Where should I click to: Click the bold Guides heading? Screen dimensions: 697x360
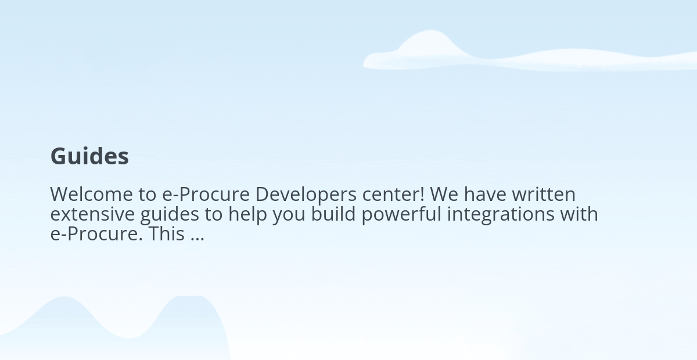pyautogui.click(x=89, y=156)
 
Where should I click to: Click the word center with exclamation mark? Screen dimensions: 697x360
pyautogui.click(x=393, y=195)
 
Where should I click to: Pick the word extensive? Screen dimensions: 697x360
pyautogui.click(x=92, y=214)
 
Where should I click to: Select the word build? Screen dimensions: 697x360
pyautogui.click(x=333, y=214)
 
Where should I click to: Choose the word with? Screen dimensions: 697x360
pyautogui.click(x=579, y=214)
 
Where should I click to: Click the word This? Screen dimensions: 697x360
pyautogui.click(x=167, y=233)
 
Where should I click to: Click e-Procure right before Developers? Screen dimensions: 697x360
pyautogui.click(x=206, y=195)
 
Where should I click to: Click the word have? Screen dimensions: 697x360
pyautogui.click(x=485, y=195)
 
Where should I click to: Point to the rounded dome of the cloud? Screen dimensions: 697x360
pyautogui.click(x=431, y=42)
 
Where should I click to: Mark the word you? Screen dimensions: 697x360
pyautogui.click(x=289, y=216)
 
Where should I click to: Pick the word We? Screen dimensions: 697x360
pyautogui.click(x=444, y=195)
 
